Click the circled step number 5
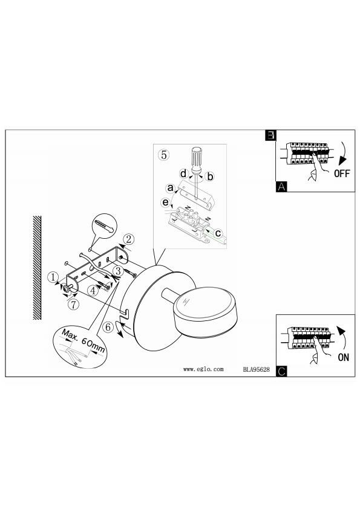[164, 155]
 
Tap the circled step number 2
[129, 239]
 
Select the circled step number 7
[74, 305]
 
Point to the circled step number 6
[108, 327]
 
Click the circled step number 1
[53, 277]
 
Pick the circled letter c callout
[218, 233]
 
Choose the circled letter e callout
[166, 203]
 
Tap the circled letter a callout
[170, 188]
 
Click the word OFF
[342, 173]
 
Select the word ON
[343, 357]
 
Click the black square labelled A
[281, 187]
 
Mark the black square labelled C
[281, 371]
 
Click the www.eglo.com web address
[203, 369]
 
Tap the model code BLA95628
[257, 369]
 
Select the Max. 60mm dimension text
[83, 341]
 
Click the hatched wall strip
[37, 268]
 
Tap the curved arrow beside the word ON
[344, 337]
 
